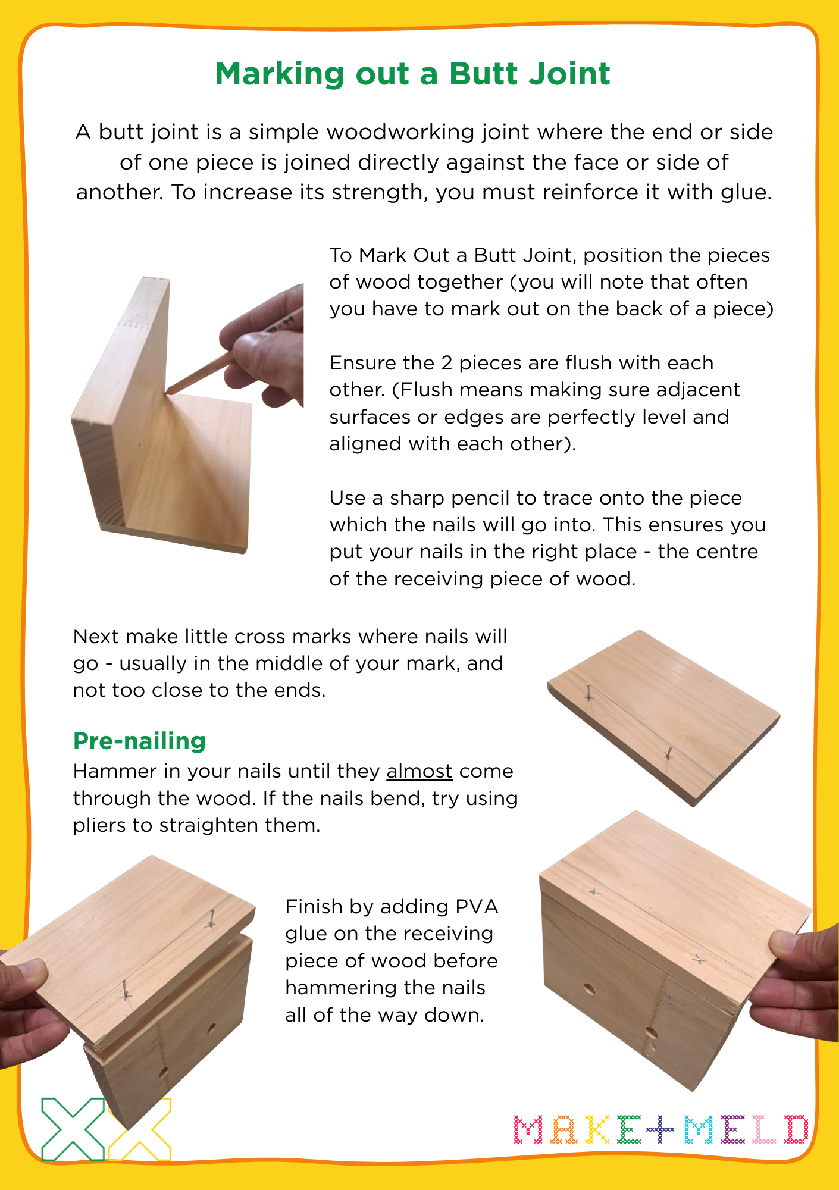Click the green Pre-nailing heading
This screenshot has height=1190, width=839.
pyautogui.click(x=139, y=741)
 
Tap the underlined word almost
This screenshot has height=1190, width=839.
pyautogui.click(x=419, y=771)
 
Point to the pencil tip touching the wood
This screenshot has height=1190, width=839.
pyautogui.click(x=168, y=392)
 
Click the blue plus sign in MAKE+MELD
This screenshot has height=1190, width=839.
pyautogui.click(x=660, y=1129)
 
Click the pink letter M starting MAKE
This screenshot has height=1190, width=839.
pyautogui.click(x=528, y=1129)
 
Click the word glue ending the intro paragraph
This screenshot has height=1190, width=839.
pyautogui.click(x=744, y=192)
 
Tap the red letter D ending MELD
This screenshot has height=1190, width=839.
pyautogui.click(x=796, y=1129)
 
